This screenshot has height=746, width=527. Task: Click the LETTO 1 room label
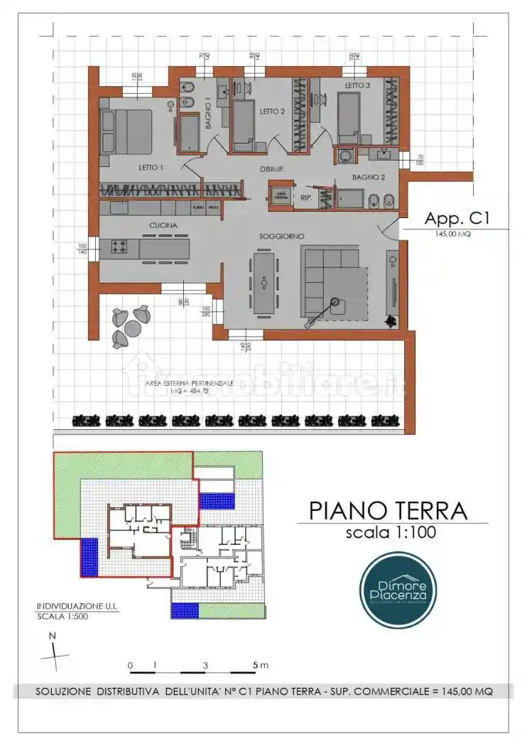(151, 168)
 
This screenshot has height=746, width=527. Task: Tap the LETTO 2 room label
(272, 112)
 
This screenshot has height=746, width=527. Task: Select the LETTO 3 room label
(358, 85)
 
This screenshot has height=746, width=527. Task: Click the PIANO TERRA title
(388, 510)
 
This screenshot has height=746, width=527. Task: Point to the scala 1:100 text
(391, 533)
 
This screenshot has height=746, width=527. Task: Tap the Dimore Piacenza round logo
(398, 590)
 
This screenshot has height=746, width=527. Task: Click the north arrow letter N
(52, 637)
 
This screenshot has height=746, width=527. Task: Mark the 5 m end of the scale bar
(256, 666)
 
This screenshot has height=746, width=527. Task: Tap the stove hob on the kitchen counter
(119, 247)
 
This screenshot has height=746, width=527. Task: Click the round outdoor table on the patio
(132, 328)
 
